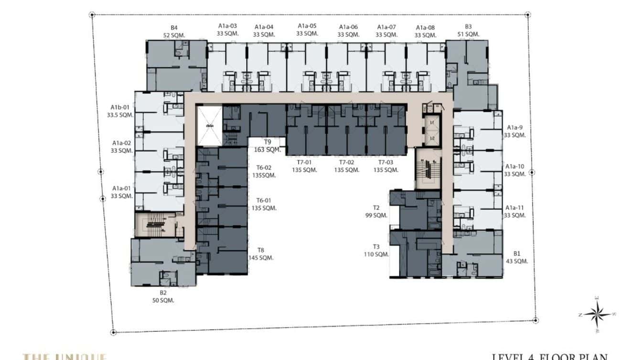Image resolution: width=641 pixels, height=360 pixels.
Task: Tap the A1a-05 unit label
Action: pyautogui.click(x=307, y=26)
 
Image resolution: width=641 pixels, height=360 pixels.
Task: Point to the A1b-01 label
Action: pyautogui.click(x=120, y=107)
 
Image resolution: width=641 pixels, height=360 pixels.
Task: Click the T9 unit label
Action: pyautogui.click(x=267, y=142)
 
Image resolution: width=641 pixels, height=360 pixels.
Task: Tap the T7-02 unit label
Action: pyautogui.click(x=345, y=162)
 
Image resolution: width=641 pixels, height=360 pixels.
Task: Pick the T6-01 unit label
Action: pyautogui.click(x=263, y=201)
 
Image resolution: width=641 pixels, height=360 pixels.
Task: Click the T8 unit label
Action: pyautogui.click(x=261, y=250)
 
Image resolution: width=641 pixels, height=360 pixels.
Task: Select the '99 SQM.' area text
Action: pyautogui.click(x=376, y=215)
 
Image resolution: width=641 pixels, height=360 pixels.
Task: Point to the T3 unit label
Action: pyautogui.click(x=376, y=247)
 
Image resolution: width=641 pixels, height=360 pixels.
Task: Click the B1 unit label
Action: pyautogui.click(x=517, y=254)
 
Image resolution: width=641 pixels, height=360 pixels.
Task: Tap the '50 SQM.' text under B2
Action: pyautogui.click(x=163, y=300)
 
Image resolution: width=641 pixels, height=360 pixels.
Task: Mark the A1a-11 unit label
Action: pyautogui.click(x=515, y=208)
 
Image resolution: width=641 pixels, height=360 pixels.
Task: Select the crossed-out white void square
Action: pyautogui.click(x=209, y=126)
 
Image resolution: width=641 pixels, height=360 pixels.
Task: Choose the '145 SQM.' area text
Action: pyautogui.click(x=261, y=258)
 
